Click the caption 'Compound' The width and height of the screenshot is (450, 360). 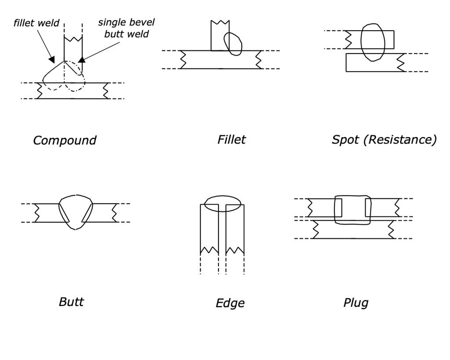click(65, 140)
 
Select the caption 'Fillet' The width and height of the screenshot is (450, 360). click(232, 140)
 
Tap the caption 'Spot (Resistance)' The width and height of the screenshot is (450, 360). click(384, 140)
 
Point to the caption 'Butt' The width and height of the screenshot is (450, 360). click(71, 302)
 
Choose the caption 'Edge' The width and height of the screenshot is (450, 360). click(230, 303)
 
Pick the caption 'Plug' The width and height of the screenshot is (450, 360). click(356, 302)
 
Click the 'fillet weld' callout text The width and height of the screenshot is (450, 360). click(36, 23)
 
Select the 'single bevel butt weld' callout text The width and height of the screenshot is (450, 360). click(126, 28)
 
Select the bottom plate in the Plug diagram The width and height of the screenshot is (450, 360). click(352, 230)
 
